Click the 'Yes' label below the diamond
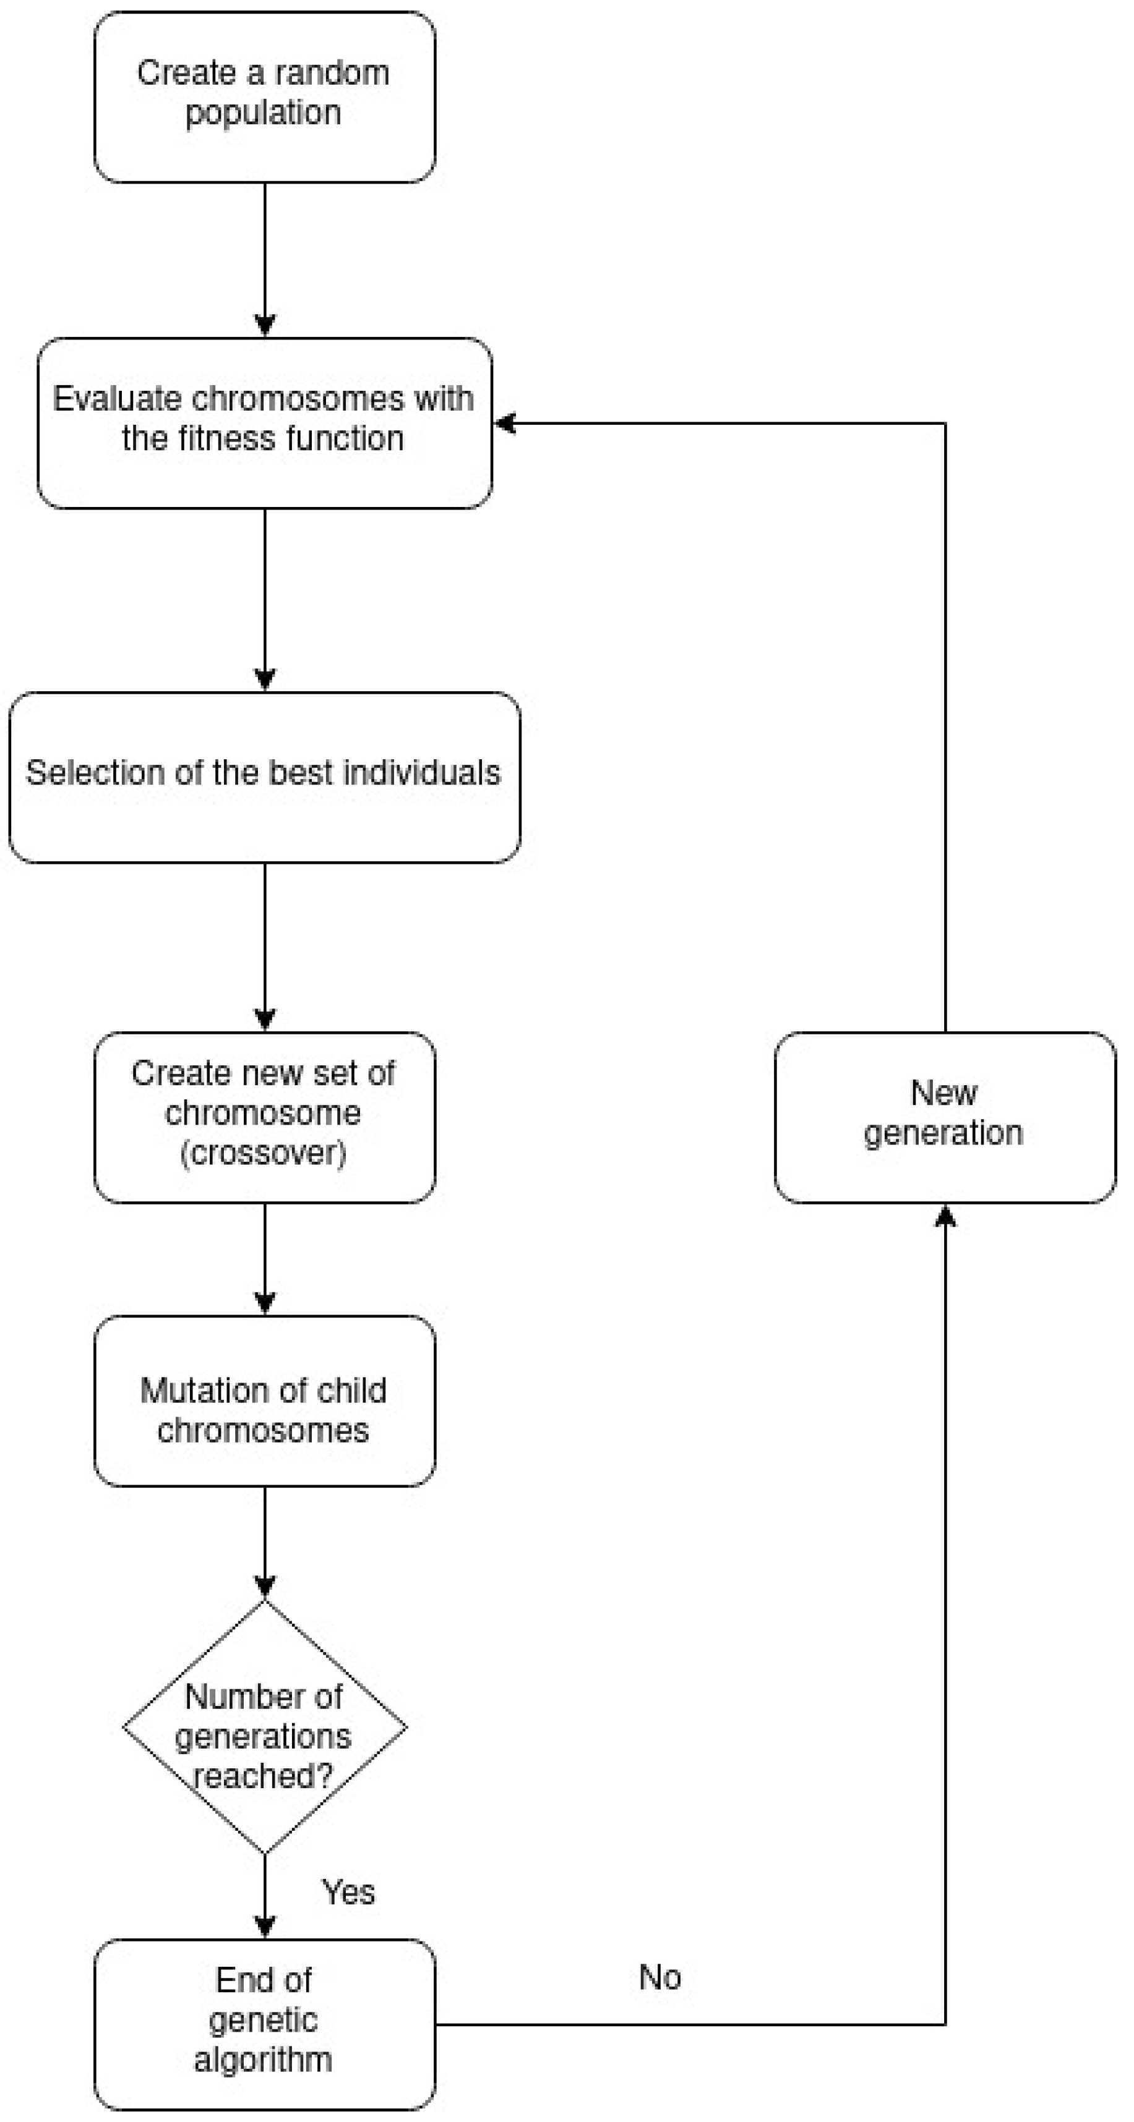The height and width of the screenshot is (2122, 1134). pos(348,1891)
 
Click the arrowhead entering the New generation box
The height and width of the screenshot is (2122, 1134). pos(945,1216)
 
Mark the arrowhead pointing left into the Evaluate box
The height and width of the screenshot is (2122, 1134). pos(504,424)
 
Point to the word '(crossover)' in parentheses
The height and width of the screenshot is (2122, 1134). pos(263,1153)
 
